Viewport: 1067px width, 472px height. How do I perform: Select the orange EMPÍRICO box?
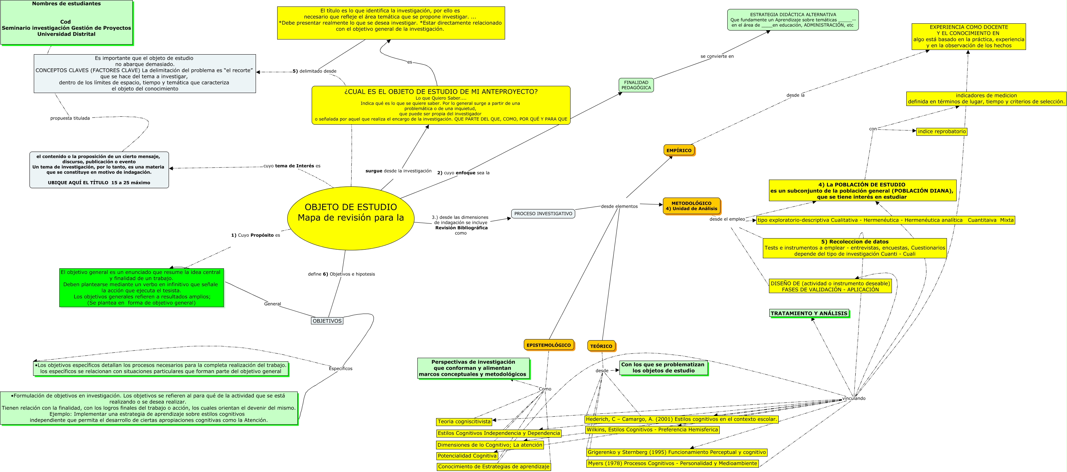pyautogui.click(x=679, y=150)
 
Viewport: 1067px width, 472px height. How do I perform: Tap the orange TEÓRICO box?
pyautogui.click(x=601, y=346)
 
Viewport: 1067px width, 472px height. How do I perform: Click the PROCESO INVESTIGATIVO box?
pyautogui.click(x=543, y=214)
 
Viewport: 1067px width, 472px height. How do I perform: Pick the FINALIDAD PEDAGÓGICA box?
pyautogui.click(x=636, y=85)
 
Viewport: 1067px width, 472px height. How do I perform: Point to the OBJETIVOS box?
pyautogui.click(x=327, y=321)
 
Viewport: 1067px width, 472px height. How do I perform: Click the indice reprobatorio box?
pyautogui.click(x=942, y=132)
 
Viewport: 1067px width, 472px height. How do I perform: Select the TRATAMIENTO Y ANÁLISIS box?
pyautogui.click(x=809, y=314)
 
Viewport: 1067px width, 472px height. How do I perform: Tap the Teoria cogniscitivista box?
pyautogui.click(x=464, y=421)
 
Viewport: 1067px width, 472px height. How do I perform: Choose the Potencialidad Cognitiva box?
pyautogui.click(x=467, y=456)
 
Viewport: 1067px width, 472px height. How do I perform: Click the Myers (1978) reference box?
pyautogui.click(x=672, y=463)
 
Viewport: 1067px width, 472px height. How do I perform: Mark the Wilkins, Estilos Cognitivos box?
pyautogui.click(x=652, y=430)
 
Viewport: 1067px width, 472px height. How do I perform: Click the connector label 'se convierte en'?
pyautogui.click(x=716, y=56)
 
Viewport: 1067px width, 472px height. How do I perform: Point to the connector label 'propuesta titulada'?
pyautogui.click(x=70, y=118)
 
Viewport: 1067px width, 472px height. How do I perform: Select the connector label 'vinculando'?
pyautogui.click(x=854, y=398)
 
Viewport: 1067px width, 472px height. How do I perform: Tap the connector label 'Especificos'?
pyautogui.click(x=340, y=369)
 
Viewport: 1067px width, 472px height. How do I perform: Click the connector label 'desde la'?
pyautogui.click(x=795, y=95)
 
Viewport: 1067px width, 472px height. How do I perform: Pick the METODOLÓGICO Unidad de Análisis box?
pyautogui.click(x=691, y=206)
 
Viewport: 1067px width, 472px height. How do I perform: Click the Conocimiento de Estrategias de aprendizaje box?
pyautogui.click(x=493, y=467)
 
